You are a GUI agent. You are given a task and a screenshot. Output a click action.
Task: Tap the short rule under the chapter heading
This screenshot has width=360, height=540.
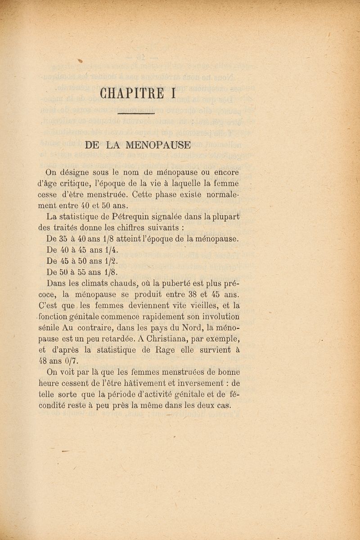[x=135, y=116]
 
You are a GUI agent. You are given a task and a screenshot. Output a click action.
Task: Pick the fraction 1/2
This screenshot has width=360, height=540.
[x=111, y=260]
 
